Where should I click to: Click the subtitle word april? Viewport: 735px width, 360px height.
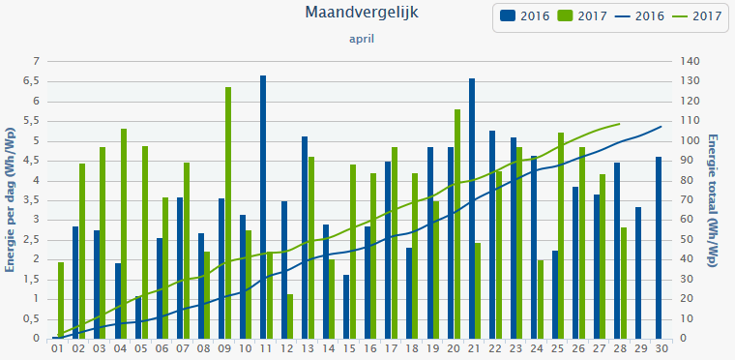(362, 40)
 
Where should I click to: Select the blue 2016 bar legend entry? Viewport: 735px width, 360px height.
(522, 15)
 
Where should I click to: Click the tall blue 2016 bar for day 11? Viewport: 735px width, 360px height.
(263, 207)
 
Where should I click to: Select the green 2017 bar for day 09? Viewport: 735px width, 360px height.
(228, 213)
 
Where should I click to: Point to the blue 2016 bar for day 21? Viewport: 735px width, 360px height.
(472, 208)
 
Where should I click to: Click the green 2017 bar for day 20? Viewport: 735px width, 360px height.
(457, 224)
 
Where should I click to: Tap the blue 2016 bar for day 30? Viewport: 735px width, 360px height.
(659, 248)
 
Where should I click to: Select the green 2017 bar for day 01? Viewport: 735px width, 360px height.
(61, 300)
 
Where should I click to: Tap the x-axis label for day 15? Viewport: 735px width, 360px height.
(349, 348)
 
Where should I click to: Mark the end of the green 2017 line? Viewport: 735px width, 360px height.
(619, 123)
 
